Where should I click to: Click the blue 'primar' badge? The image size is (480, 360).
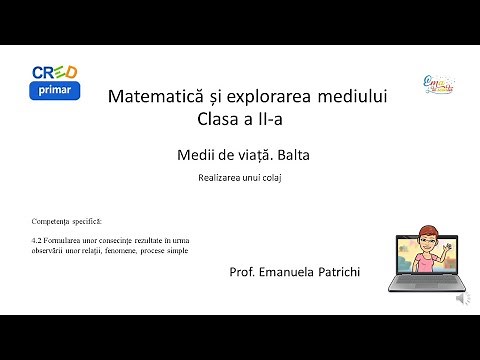tap(55, 91)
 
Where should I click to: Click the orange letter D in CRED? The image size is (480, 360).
tap(71, 72)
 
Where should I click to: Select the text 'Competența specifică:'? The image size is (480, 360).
tap(66, 219)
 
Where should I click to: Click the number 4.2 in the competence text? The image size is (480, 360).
tap(38, 241)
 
